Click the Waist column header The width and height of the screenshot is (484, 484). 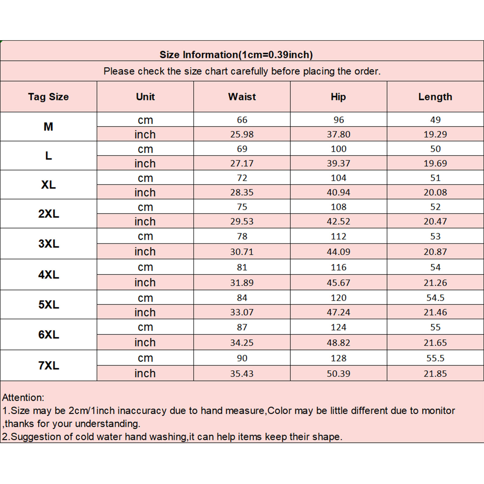[x=242, y=97]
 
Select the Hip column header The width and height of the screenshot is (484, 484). [x=338, y=97]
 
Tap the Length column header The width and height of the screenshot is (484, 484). [x=435, y=97]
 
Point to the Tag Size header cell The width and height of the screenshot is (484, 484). [x=48, y=97]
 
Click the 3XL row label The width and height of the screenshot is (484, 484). [x=49, y=244]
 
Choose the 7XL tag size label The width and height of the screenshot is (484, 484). [x=49, y=365]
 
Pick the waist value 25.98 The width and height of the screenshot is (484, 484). [x=242, y=134]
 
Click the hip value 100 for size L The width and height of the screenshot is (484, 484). [x=338, y=149]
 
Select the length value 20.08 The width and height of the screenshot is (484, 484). [x=435, y=192]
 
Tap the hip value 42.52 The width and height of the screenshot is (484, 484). [x=338, y=221]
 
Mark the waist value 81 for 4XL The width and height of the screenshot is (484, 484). [x=242, y=267]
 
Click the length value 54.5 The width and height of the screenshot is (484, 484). [x=435, y=298]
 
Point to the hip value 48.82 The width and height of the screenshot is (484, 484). [x=338, y=343]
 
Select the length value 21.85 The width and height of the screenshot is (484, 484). [x=435, y=374]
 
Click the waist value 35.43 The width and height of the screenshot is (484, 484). [x=242, y=374]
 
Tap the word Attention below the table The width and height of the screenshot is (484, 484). [x=23, y=397]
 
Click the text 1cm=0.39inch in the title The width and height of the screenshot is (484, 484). [x=276, y=55]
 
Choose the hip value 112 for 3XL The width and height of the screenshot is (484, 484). [x=338, y=236]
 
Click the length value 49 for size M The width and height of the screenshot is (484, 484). [x=435, y=120]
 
